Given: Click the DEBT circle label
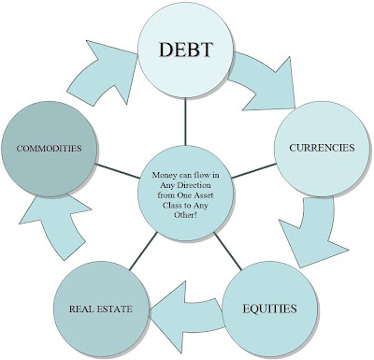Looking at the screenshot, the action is [x=186, y=50].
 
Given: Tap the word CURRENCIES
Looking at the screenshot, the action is [x=322, y=148].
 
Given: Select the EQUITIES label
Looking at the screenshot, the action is [x=269, y=309].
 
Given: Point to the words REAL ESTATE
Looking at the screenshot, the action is [x=101, y=309].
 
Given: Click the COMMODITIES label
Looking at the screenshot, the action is [x=49, y=149].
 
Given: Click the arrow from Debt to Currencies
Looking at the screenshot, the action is [x=265, y=82].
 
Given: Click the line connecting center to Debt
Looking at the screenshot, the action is [x=185, y=122].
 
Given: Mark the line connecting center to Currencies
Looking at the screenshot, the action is [x=253, y=171].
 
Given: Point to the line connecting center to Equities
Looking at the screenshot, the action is [x=227, y=252].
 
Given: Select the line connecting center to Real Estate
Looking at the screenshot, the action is [x=143, y=252].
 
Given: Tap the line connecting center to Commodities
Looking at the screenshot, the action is [x=118, y=171].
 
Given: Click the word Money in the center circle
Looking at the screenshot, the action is [x=163, y=175].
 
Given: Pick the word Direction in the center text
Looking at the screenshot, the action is [x=195, y=185].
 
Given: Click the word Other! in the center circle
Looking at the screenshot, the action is [x=185, y=215].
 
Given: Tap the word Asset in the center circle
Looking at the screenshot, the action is [x=204, y=195].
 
